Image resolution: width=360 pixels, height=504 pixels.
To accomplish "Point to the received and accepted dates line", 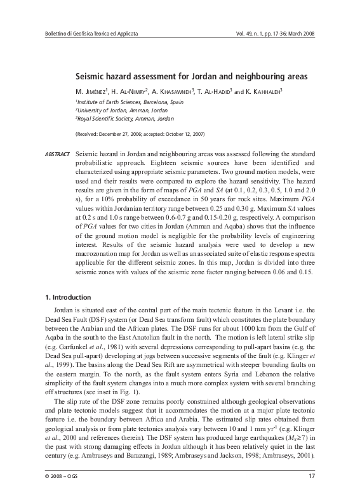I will coord(140,135).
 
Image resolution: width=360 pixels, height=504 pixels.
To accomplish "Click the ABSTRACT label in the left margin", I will coord(57,155).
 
